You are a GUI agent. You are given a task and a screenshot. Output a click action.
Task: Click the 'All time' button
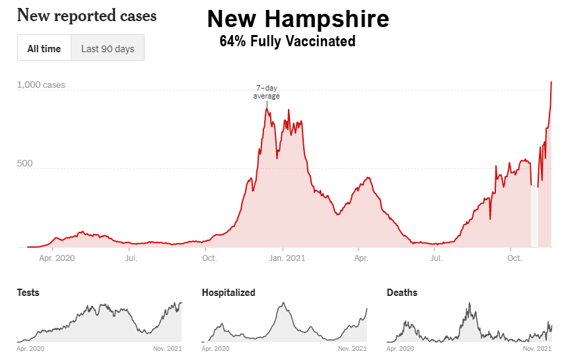coord(44,48)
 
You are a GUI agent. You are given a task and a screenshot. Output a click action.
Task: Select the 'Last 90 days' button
coord(108,48)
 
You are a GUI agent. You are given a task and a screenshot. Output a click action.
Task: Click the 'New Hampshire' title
coord(299,19)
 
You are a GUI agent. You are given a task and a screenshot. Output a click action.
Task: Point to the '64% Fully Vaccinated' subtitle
coord(287,41)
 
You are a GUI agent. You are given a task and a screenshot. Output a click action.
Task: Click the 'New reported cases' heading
coord(87,16)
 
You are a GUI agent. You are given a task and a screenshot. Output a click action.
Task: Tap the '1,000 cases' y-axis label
coord(41,85)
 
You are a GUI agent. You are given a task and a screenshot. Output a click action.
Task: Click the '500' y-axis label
coord(24,164)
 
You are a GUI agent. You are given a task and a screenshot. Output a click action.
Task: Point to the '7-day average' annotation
coord(266,92)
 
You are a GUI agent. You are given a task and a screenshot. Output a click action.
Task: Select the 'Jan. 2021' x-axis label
coord(287,258)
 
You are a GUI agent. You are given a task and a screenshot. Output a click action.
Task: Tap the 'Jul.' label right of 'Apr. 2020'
coord(131,258)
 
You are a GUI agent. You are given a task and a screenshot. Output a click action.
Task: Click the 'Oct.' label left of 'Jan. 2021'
coord(209,258)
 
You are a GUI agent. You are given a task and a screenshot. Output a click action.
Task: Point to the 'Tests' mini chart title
coord(28,293)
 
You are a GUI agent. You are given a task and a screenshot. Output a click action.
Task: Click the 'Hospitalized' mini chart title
coord(228,293)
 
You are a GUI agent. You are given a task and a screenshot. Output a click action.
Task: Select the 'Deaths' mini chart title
coord(402,293)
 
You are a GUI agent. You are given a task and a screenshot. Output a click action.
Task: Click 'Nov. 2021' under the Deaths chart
coord(537,349)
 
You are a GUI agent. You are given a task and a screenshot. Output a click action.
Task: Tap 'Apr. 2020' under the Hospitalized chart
coord(215,349)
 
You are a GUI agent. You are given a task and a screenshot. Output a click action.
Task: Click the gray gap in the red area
coord(534,216)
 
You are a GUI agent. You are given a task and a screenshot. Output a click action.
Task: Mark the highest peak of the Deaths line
coord(469,303)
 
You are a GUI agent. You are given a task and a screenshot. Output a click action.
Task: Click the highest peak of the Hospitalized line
coord(283,303)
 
